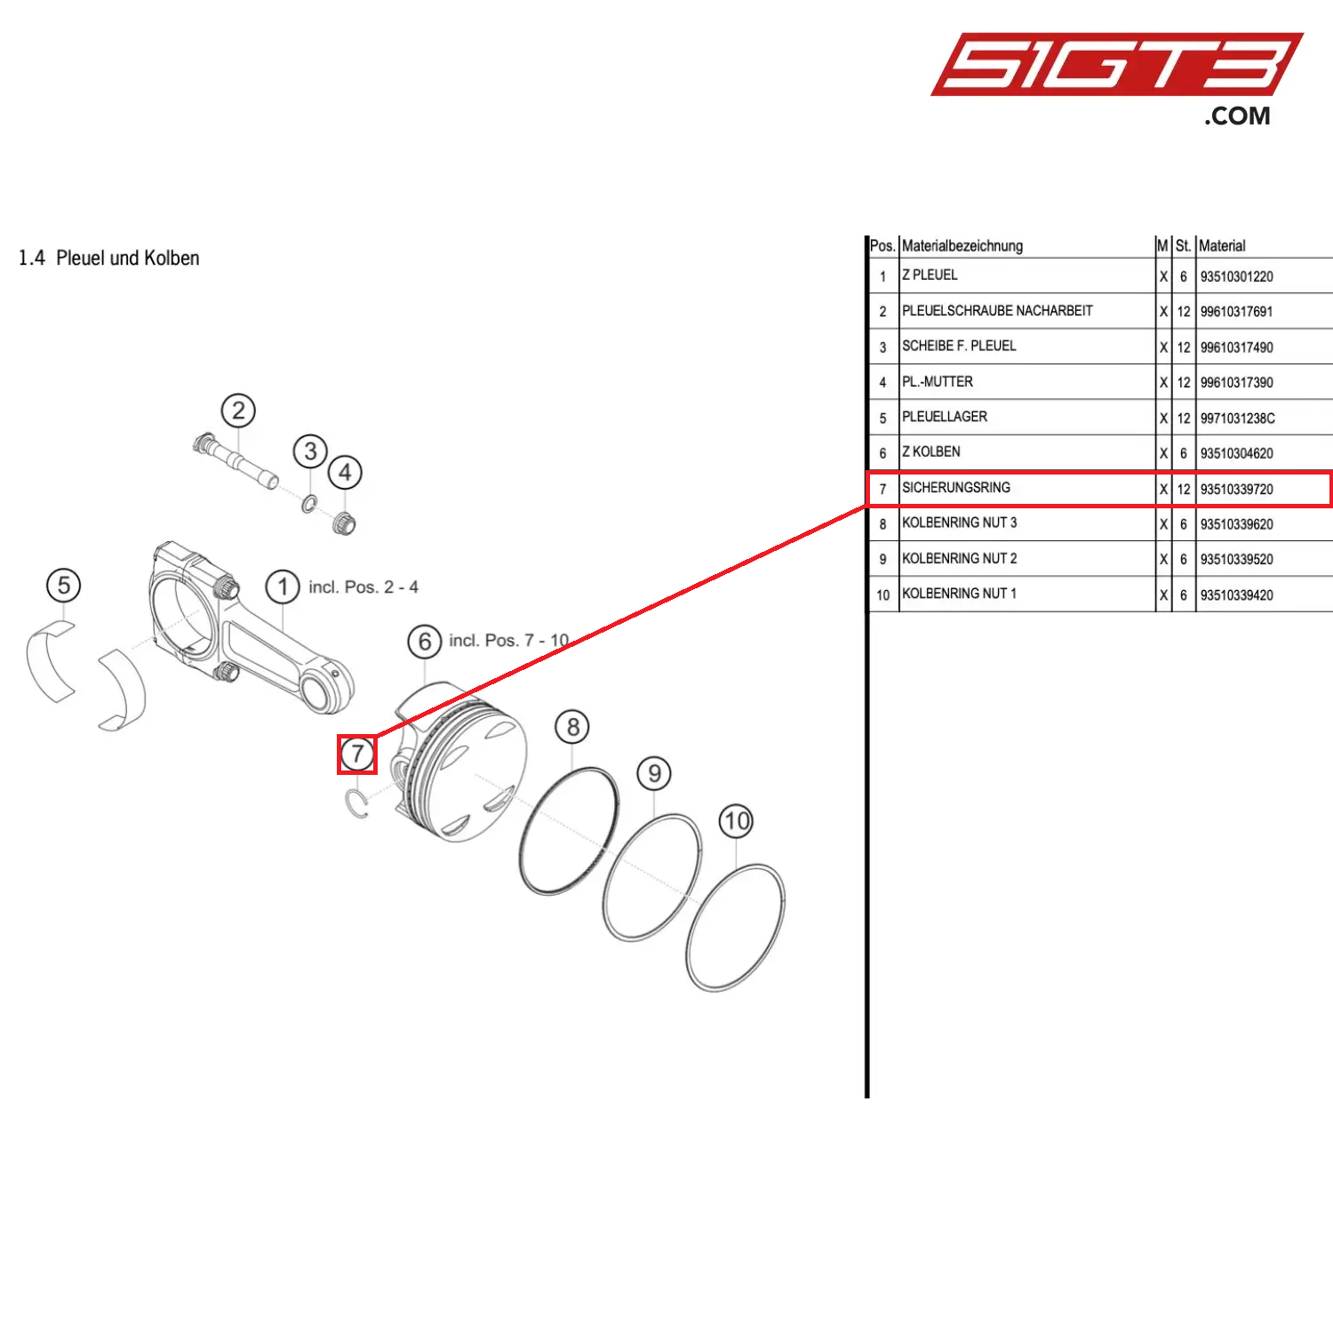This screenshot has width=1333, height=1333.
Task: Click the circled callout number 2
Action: [238, 411]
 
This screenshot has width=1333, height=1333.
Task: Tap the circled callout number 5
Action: [63, 586]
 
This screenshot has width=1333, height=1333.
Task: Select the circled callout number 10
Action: [736, 821]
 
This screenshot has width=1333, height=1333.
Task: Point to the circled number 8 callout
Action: [573, 728]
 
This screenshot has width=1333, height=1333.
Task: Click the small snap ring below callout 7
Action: [356, 803]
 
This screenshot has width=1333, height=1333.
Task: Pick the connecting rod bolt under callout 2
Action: [235, 459]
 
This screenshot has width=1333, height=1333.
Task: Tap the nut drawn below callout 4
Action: [344, 523]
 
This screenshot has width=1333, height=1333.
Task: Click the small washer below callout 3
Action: [308, 504]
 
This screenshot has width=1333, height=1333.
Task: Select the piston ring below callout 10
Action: [736, 928]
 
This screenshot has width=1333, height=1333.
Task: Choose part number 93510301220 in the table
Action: [1236, 276]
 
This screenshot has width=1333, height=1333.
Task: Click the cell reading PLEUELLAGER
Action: [945, 417]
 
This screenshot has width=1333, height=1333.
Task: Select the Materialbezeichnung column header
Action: [962, 246]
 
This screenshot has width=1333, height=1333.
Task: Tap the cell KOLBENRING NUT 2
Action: [960, 559]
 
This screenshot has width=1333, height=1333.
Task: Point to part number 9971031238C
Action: [1237, 419]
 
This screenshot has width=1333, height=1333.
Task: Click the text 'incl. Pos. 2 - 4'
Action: [363, 587]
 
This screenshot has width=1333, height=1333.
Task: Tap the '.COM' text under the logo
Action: [1237, 116]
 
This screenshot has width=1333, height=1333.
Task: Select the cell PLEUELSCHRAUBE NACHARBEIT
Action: [997, 311]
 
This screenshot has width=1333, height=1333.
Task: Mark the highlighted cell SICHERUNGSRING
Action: [956, 488]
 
